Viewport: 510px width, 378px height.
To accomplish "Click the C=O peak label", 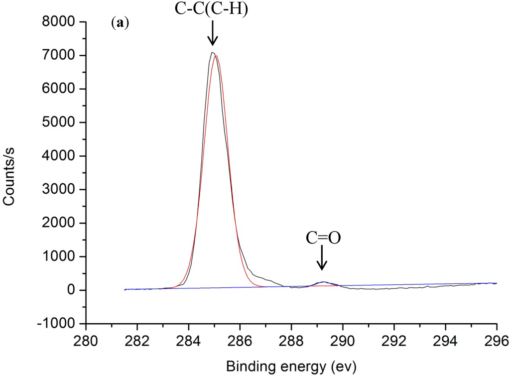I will click(323, 238).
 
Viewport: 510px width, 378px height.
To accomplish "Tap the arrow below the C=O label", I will click(322, 258).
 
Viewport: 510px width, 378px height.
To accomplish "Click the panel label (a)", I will click(120, 23).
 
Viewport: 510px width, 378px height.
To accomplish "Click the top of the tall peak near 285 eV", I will click(213, 52).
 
